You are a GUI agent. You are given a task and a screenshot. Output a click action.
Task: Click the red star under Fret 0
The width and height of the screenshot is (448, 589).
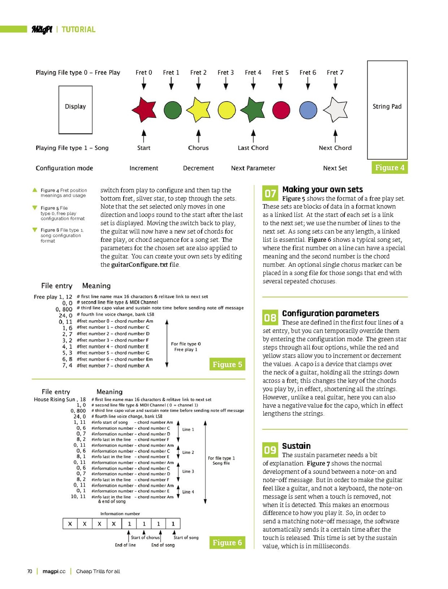point(144,110)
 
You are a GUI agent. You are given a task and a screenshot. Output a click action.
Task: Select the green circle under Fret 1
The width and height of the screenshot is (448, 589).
point(173,110)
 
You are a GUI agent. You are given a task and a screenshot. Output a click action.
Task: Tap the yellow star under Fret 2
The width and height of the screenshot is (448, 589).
point(198,110)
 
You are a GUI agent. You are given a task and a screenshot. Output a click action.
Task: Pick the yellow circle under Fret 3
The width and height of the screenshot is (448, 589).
point(227,110)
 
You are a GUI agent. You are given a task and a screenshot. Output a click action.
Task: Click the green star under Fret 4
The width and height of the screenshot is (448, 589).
point(253,110)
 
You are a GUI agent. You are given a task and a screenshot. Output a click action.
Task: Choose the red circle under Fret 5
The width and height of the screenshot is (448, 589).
point(281,110)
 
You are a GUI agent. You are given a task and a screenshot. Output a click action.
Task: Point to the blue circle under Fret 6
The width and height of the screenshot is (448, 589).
point(308,110)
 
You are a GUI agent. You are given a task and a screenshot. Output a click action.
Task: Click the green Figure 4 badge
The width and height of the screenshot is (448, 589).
point(390,168)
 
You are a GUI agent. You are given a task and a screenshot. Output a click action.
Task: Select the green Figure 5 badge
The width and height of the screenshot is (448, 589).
point(227,364)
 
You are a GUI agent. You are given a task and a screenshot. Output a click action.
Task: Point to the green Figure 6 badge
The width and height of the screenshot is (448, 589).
point(227,543)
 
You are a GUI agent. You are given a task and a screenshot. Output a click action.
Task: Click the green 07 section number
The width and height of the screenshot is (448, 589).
point(270,193)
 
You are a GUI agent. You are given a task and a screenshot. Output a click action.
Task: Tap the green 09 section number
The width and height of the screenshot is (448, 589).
point(270,450)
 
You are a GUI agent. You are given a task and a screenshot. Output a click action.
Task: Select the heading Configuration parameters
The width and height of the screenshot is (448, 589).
point(331,313)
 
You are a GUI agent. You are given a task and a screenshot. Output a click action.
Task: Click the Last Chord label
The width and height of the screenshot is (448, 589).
point(253,148)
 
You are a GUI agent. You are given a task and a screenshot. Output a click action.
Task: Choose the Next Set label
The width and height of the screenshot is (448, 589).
point(335,168)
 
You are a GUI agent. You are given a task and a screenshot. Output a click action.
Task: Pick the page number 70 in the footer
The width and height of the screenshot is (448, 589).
point(29,571)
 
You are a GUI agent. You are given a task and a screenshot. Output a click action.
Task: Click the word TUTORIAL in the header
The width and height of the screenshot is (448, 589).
point(78,29)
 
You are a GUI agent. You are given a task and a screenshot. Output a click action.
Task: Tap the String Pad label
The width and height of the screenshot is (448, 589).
point(387,107)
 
